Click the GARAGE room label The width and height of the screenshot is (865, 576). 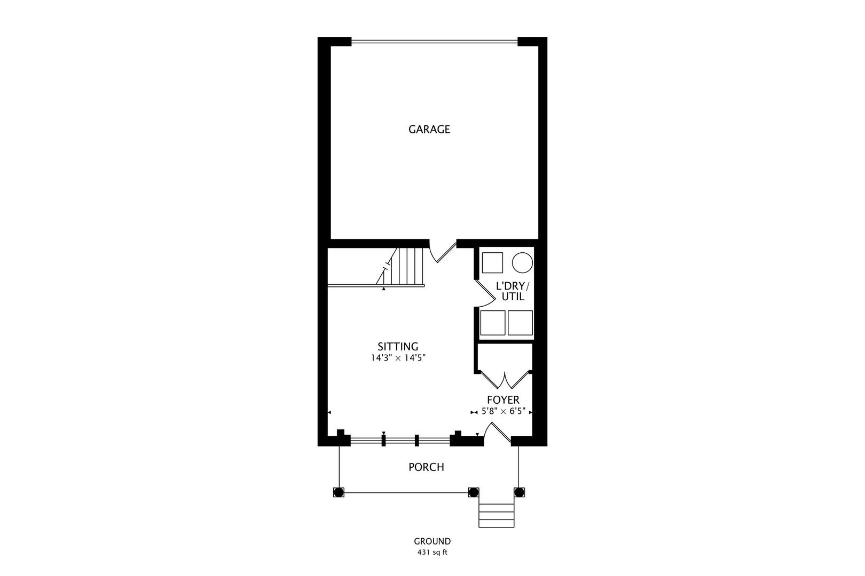click(x=429, y=129)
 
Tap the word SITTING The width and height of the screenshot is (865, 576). click(x=398, y=347)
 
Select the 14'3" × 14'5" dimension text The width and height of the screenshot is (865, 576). click(x=398, y=358)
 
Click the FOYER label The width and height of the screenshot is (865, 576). click(x=503, y=399)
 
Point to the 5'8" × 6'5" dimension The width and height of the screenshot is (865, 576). click(x=504, y=411)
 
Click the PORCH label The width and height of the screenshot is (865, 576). click(x=426, y=467)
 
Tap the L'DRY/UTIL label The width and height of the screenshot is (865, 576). click(x=513, y=291)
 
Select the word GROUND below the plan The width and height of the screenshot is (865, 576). click(x=432, y=541)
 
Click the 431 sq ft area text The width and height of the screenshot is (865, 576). click(x=432, y=552)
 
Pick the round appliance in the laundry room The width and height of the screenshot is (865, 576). click(x=523, y=263)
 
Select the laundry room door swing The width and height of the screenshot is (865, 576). click(x=485, y=293)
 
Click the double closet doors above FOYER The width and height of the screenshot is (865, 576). click(x=504, y=380)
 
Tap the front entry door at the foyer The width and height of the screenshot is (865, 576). click(x=499, y=432)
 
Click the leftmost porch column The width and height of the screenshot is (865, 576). click(x=339, y=492)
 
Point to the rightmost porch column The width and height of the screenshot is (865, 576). click(x=519, y=492)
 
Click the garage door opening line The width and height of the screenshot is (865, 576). click(x=435, y=41)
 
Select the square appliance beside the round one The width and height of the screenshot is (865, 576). click(x=492, y=263)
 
